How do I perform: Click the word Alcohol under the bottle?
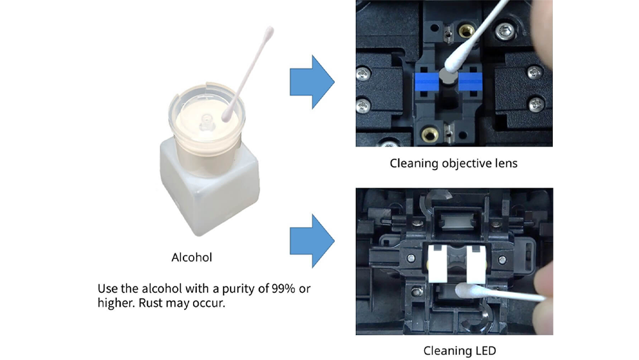coord(192,258)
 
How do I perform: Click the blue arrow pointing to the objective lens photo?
coord(312,81)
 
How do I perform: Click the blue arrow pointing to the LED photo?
coord(312,240)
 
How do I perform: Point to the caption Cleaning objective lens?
coord(454,163)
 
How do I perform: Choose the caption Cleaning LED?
coord(459,350)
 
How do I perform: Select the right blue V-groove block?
coord(469,82)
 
